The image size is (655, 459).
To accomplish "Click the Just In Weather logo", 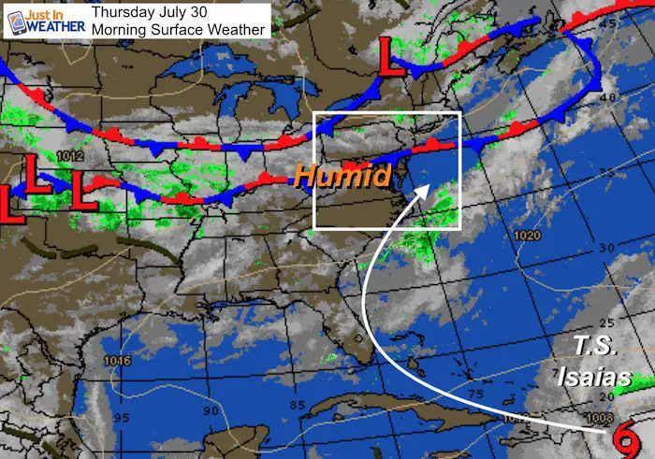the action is point(44,20).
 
